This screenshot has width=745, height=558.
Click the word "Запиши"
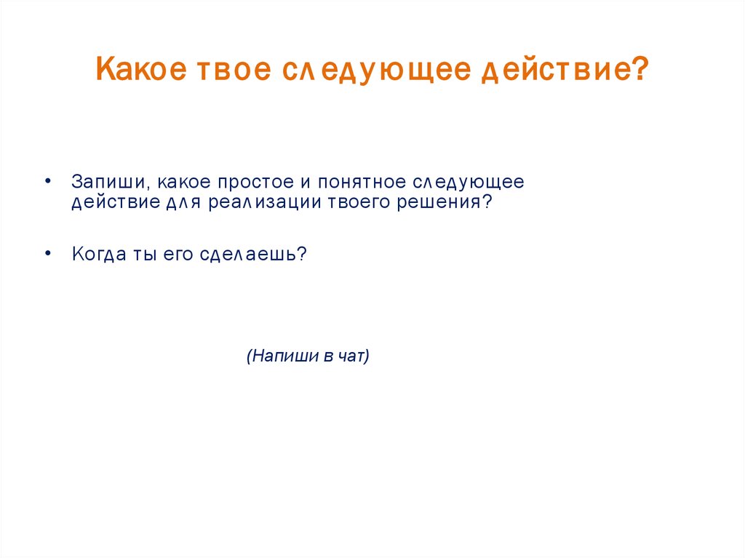coord(108,181)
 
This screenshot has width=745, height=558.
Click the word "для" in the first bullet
coord(184,202)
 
